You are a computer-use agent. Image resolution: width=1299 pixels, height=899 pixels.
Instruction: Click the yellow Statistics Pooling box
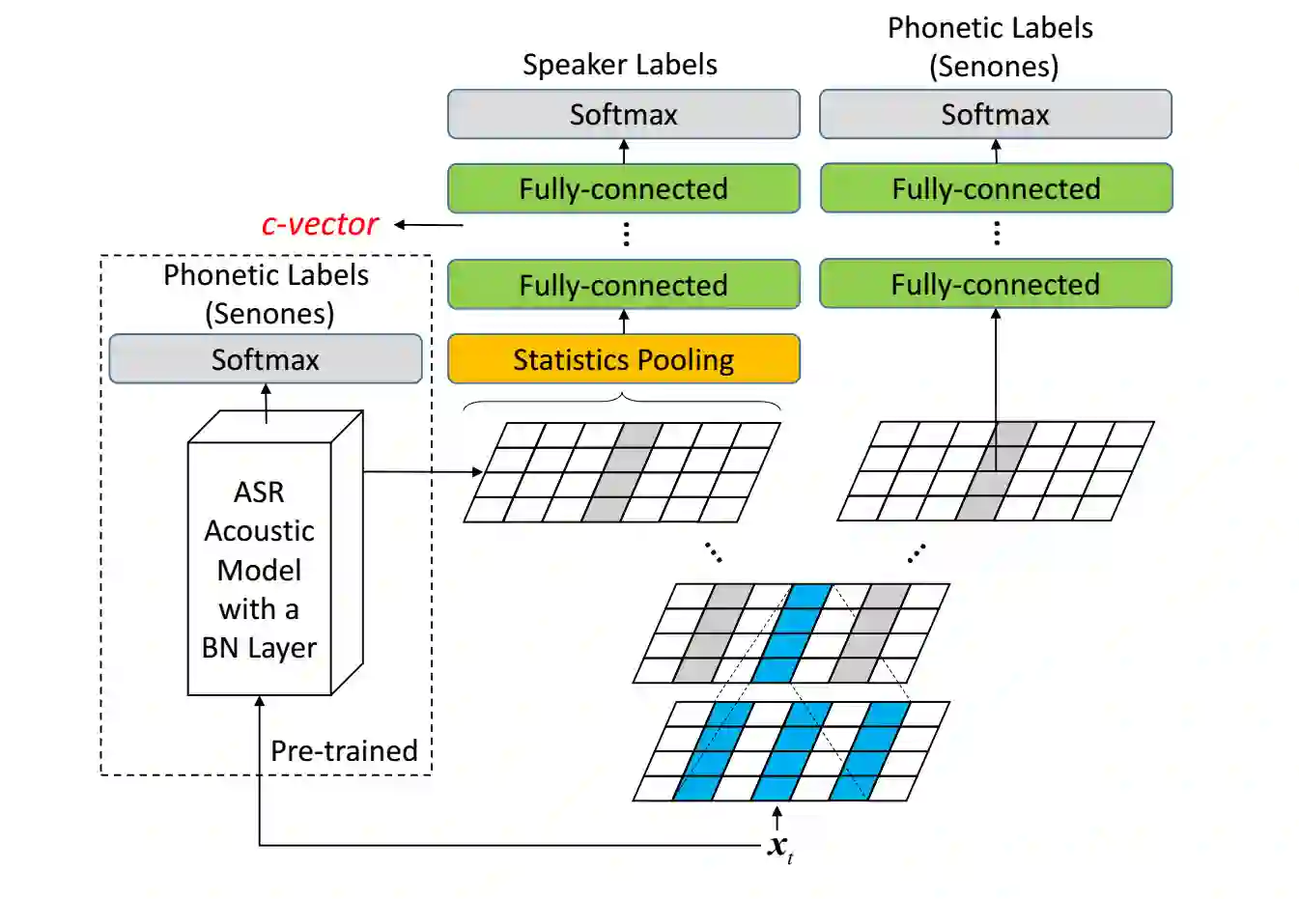tap(623, 359)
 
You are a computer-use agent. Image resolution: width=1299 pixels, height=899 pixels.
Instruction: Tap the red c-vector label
tap(320, 224)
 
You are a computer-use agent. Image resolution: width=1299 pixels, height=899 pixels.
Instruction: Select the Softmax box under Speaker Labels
tap(623, 114)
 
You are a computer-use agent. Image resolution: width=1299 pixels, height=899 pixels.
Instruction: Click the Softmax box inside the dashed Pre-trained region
tap(265, 359)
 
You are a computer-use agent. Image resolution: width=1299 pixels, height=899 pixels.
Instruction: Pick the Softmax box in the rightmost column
tap(995, 114)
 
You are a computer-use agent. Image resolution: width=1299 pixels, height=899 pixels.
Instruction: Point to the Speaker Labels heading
tap(619, 65)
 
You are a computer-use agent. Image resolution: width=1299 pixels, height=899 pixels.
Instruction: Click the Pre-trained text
tap(344, 750)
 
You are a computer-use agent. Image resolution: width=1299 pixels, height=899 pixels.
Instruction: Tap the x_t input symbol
tap(778, 847)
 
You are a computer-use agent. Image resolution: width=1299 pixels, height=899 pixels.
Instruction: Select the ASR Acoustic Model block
tap(259, 569)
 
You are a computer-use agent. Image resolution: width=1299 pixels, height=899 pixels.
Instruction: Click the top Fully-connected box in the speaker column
tap(623, 188)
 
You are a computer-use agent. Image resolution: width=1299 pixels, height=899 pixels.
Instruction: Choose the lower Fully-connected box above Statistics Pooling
tap(623, 285)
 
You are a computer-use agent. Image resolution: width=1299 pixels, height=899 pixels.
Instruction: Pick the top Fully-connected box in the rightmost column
tap(996, 188)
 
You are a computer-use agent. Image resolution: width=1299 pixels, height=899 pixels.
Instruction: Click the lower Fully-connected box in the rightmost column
tap(995, 284)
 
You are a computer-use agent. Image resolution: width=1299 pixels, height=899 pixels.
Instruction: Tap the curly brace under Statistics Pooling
tap(622, 399)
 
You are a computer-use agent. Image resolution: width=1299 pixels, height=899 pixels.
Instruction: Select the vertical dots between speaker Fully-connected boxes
tap(627, 235)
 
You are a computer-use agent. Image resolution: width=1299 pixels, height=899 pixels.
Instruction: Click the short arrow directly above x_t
tap(777, 818)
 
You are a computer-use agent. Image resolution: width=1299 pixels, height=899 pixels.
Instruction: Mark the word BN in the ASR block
tap(220, 647)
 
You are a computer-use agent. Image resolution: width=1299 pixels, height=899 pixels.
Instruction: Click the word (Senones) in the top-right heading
tap(994, 67)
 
